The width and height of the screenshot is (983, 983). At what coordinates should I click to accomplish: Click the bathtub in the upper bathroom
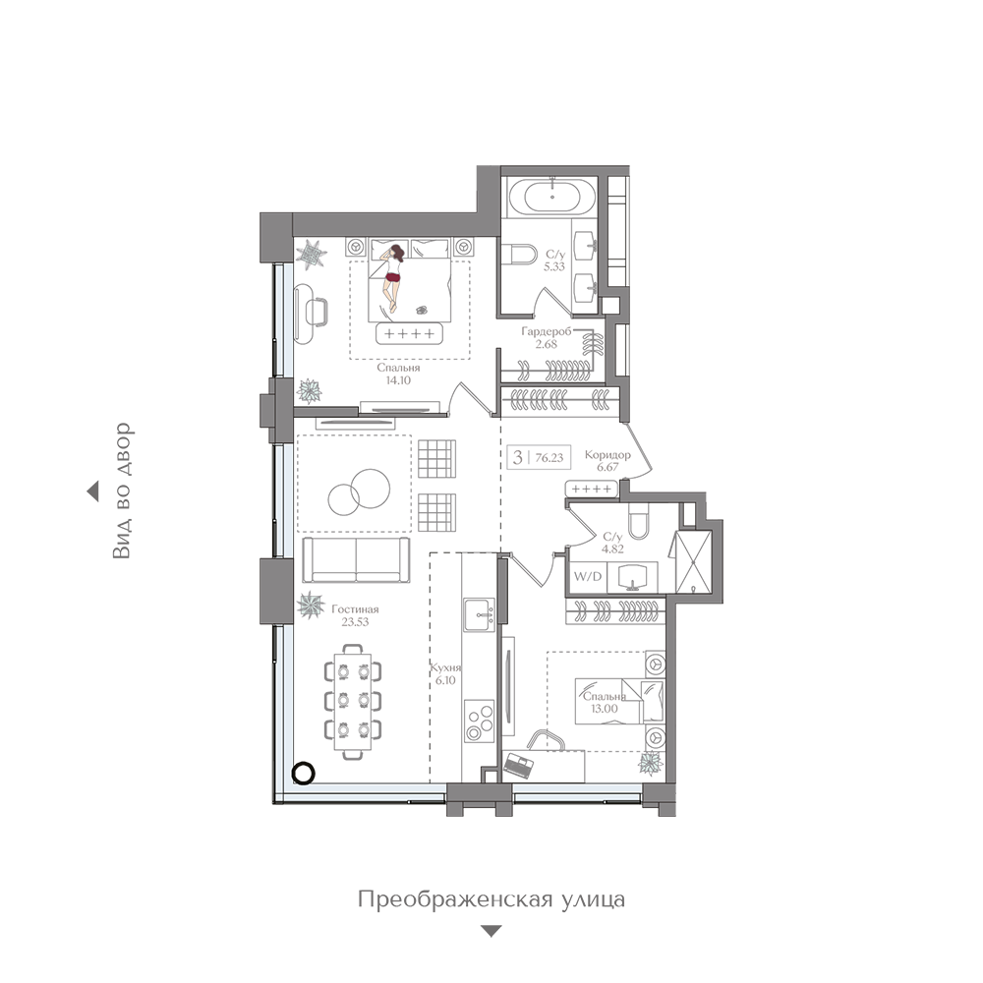(551, 197)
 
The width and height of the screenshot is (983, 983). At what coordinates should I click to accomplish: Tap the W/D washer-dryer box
(588, 577)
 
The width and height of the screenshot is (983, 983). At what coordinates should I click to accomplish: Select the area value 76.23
(549, 458)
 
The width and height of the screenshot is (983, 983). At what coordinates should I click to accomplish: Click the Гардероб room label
(547, 331)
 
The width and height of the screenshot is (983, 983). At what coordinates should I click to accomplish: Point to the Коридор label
(607, 454)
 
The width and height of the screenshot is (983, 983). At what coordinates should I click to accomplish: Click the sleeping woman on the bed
(393, 276)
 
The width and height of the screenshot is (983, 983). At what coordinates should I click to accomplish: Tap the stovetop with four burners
(480, 722)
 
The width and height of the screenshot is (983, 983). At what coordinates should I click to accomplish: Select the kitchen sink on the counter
(480, 614)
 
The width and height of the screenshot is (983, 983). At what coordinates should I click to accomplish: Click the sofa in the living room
(356, 560)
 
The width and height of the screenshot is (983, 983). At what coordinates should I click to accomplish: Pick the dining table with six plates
(353, 702)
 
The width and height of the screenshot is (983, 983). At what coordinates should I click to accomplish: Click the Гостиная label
(355, 609)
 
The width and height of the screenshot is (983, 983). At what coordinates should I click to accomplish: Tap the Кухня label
(445, 668)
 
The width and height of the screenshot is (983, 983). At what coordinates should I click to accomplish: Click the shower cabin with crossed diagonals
(693, 561)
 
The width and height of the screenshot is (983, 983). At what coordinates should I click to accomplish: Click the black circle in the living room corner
(304, 773)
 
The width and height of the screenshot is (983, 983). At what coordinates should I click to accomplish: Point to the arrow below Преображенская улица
(491, 931)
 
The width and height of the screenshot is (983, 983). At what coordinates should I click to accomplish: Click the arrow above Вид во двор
(92, 491)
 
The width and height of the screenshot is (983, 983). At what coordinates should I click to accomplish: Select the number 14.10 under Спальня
(398, 379)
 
